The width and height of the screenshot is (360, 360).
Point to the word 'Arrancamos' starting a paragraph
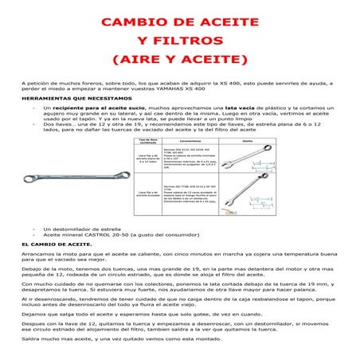pyautogui.click(x=37, y=252)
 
